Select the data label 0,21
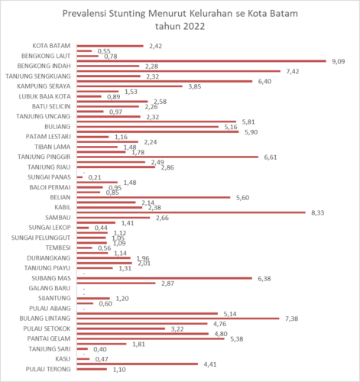pos(117,177)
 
